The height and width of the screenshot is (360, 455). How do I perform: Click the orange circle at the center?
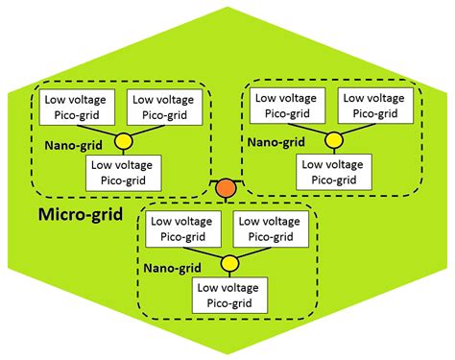(227, 188)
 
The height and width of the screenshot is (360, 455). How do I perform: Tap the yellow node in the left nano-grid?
(124, 142)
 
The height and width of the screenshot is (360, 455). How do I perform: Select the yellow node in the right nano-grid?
(332, 142)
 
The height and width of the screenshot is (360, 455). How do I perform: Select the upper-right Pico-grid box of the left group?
(161, 107)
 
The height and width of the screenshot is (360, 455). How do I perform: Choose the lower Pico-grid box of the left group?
(125, 172)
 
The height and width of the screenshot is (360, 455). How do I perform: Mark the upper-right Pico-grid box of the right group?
(372, 107)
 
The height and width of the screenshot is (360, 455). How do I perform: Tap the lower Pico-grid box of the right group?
(333, 172)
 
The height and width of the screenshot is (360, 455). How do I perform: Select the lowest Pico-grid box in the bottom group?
(230, 294)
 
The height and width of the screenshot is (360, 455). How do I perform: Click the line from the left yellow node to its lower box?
(124, 153)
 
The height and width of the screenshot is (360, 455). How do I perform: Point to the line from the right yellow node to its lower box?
(332, 153)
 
